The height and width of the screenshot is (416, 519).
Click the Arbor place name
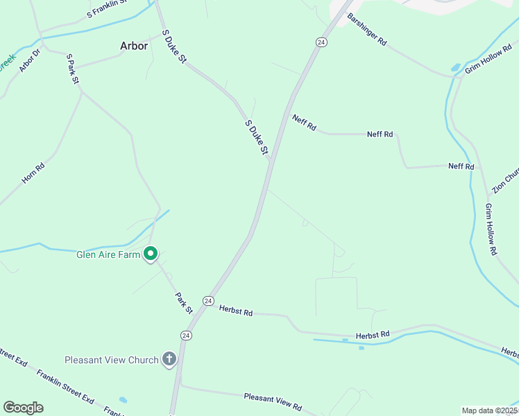tap(134, 46)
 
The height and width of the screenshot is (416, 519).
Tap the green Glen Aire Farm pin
tap(150, 254)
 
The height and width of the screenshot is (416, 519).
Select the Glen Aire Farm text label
tap(108, 254)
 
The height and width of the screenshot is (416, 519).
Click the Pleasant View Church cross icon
tap(169, 359)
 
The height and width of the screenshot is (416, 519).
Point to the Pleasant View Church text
tap(112, 360)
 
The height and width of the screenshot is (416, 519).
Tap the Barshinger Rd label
tap(367, 29)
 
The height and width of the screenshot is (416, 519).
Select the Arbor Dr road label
tap(31, 60)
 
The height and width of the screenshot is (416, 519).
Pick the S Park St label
tap(71, 69)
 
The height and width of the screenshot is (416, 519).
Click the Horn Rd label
tap(33, 173)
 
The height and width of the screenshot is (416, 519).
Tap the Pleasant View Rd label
tap(273, 401)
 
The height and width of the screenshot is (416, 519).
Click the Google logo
tap(23, 408)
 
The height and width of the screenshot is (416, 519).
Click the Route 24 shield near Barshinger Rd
tap(321, 42)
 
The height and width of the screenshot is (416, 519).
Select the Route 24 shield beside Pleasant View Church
tap(185, 335)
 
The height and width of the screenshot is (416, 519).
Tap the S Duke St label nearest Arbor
tap(174, 47)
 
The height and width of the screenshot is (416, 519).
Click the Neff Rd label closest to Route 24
tap(304, 123)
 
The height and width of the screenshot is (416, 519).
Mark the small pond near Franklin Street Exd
tap(123, 400)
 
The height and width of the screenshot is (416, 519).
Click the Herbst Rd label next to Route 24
tap(236, 311)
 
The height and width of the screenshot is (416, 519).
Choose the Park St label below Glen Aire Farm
tap(183, 302)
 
